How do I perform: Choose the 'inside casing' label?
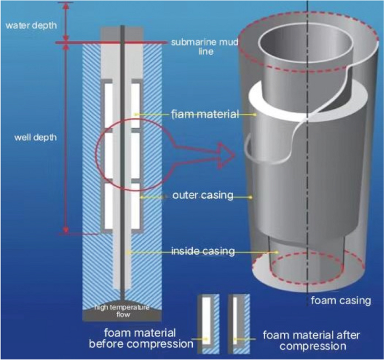coord(203,251)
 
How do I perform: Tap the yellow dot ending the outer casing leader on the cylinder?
coord(253,197)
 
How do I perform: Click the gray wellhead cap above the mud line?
coord(122,34)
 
